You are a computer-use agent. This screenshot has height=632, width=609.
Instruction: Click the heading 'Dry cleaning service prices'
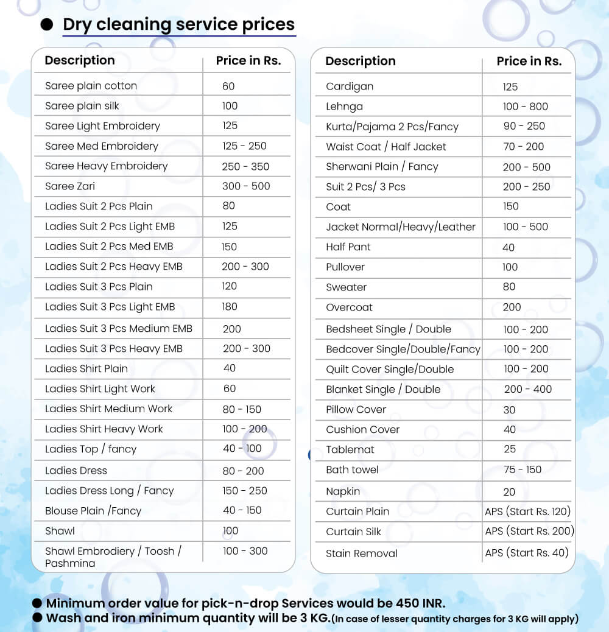[178, 24]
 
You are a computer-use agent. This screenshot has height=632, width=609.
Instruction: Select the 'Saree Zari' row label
[70, 186]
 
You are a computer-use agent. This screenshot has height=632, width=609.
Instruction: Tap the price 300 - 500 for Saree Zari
[246, 186]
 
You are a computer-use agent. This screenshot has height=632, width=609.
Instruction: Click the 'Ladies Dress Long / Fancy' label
[110, 491]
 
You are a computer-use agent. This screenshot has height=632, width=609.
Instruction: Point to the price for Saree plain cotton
[228, 86]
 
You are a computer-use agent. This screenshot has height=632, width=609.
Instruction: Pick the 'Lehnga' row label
[344, 107]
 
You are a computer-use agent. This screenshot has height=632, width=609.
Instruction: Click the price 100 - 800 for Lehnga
[525, 107]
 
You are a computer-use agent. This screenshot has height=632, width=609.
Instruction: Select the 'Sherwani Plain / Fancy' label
[382, 167]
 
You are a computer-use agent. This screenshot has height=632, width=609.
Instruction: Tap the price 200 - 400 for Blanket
[527, 389]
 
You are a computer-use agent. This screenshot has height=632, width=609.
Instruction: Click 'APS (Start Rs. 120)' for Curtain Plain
[528, 511]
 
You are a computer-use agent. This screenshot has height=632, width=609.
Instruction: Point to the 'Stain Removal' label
[361, 553]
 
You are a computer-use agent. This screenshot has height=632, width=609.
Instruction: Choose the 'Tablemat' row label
[350, 450]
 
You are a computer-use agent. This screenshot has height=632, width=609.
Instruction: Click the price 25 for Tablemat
[510, 449]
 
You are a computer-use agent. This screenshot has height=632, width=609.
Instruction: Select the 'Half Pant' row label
[348, 247]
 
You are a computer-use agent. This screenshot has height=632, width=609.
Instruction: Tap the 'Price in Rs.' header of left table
[248, 61]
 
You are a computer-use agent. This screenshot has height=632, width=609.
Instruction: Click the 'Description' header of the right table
[361, 61]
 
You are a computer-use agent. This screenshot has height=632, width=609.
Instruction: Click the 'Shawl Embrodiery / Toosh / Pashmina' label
[113, 557]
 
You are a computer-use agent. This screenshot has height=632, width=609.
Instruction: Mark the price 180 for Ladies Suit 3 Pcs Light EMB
[230, 307]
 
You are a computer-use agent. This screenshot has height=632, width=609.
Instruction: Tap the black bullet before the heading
[46, 25]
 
